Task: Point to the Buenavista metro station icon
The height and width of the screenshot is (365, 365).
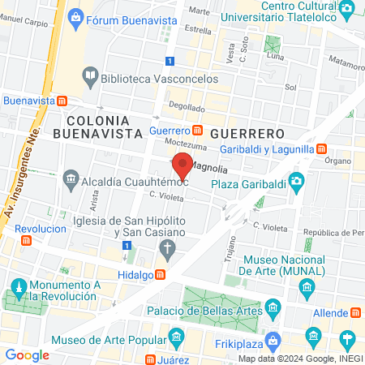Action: coord(62,101)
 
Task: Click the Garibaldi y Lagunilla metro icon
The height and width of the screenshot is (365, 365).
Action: coord(322,149)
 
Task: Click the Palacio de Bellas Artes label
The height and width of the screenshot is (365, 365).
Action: coord(208,309)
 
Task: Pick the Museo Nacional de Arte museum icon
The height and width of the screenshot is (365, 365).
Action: coord(307,287)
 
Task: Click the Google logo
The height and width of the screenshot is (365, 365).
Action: coord(27,354)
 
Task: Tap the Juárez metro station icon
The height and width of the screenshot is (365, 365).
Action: coord(151,359)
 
